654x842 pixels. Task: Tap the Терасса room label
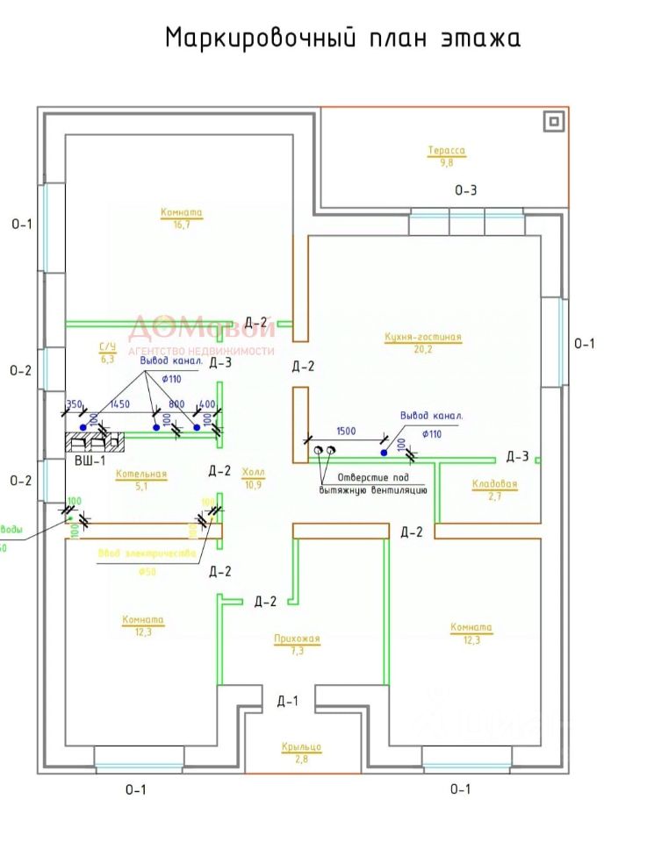447,151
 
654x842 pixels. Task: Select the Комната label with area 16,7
182,212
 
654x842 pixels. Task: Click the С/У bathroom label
108,347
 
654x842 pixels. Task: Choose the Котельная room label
140,474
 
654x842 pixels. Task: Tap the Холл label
254,472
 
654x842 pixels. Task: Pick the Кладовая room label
495,484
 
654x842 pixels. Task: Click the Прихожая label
296,639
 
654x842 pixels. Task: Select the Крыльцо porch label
301,746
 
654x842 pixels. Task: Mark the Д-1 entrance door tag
288,701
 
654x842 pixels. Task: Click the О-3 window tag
465,190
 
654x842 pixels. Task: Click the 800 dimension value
177,404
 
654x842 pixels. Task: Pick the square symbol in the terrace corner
553,122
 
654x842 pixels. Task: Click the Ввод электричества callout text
146,553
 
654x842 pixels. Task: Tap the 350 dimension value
74,404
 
